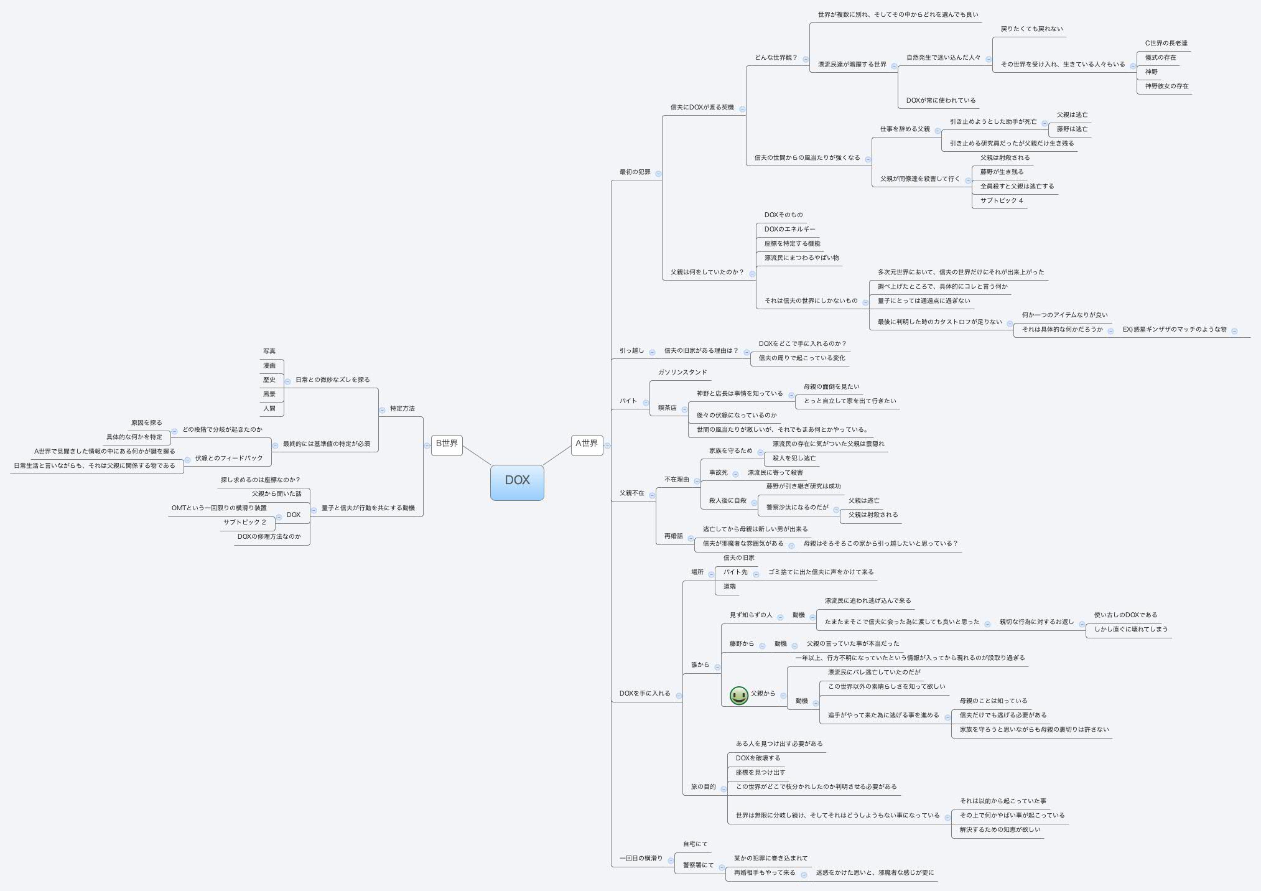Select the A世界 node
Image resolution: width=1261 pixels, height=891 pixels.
pyautogui.click(x=587, y=444)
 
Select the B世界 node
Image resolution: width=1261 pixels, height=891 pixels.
pyautogui.click(x=447, y=444)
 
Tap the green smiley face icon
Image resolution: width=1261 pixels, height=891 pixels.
pyautogui.click(x=738, y=695)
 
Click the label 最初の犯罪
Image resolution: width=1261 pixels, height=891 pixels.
pyautogui.click(x=635, y=172)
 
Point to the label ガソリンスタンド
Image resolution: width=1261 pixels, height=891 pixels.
pyautogui.click(x=682, y=373)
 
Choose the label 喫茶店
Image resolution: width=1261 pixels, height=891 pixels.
pyautogui.click(x=667, y=408)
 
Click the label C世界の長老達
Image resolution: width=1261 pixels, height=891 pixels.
pyautogui.click(x=1166, y=44)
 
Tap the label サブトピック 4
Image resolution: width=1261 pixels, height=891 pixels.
pyautogui.click(x=1002, y=201)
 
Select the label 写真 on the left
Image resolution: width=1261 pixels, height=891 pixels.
pyautogui.click(x=269, y=352)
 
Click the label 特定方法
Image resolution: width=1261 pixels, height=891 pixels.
pyautogui.click(x=402, y=409)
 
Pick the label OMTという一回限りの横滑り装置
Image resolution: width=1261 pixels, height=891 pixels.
pyautogui.click(x=219, y=508)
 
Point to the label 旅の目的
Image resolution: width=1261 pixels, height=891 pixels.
pyautogui.click(x=703, y=787)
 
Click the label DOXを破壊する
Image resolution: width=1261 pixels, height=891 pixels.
pyautogui.click(x=758, y=758)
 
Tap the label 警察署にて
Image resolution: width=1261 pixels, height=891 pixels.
pyautogui.click(x=698, y=865)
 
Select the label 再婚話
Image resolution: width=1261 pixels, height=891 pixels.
pyautogui.click(x=673, y=536)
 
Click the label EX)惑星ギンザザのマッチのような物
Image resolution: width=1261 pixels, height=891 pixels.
pyautogui.click(x=1174, y=330)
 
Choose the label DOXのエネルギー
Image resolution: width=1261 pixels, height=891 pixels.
pyautogui.click(x=789, y=230)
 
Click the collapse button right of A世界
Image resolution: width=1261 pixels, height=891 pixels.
pyautogui.click(x=607, y=445)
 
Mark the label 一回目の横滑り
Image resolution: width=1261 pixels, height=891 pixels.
pyautogui.click(x=641, y=859)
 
